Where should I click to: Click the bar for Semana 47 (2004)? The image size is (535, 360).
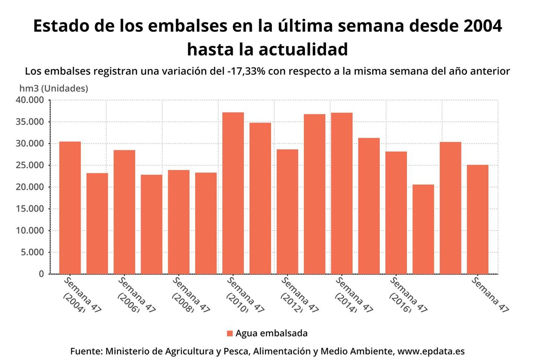tap(70, 208)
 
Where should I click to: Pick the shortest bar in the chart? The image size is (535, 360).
tap(423, 229)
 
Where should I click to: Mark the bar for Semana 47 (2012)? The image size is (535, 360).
tap(288, 212)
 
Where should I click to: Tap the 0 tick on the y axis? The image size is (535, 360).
tap(41, 274)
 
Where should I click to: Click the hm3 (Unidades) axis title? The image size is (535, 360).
tap(53, 88)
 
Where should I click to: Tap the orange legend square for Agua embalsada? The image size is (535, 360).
tap(230, 333)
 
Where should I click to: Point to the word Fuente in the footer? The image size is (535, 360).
tap(86, 351)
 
